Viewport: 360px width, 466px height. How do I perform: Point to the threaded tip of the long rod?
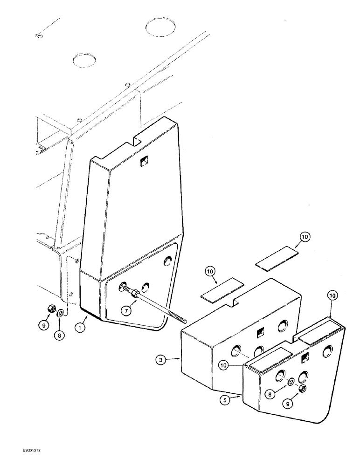(x=183, y=321)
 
